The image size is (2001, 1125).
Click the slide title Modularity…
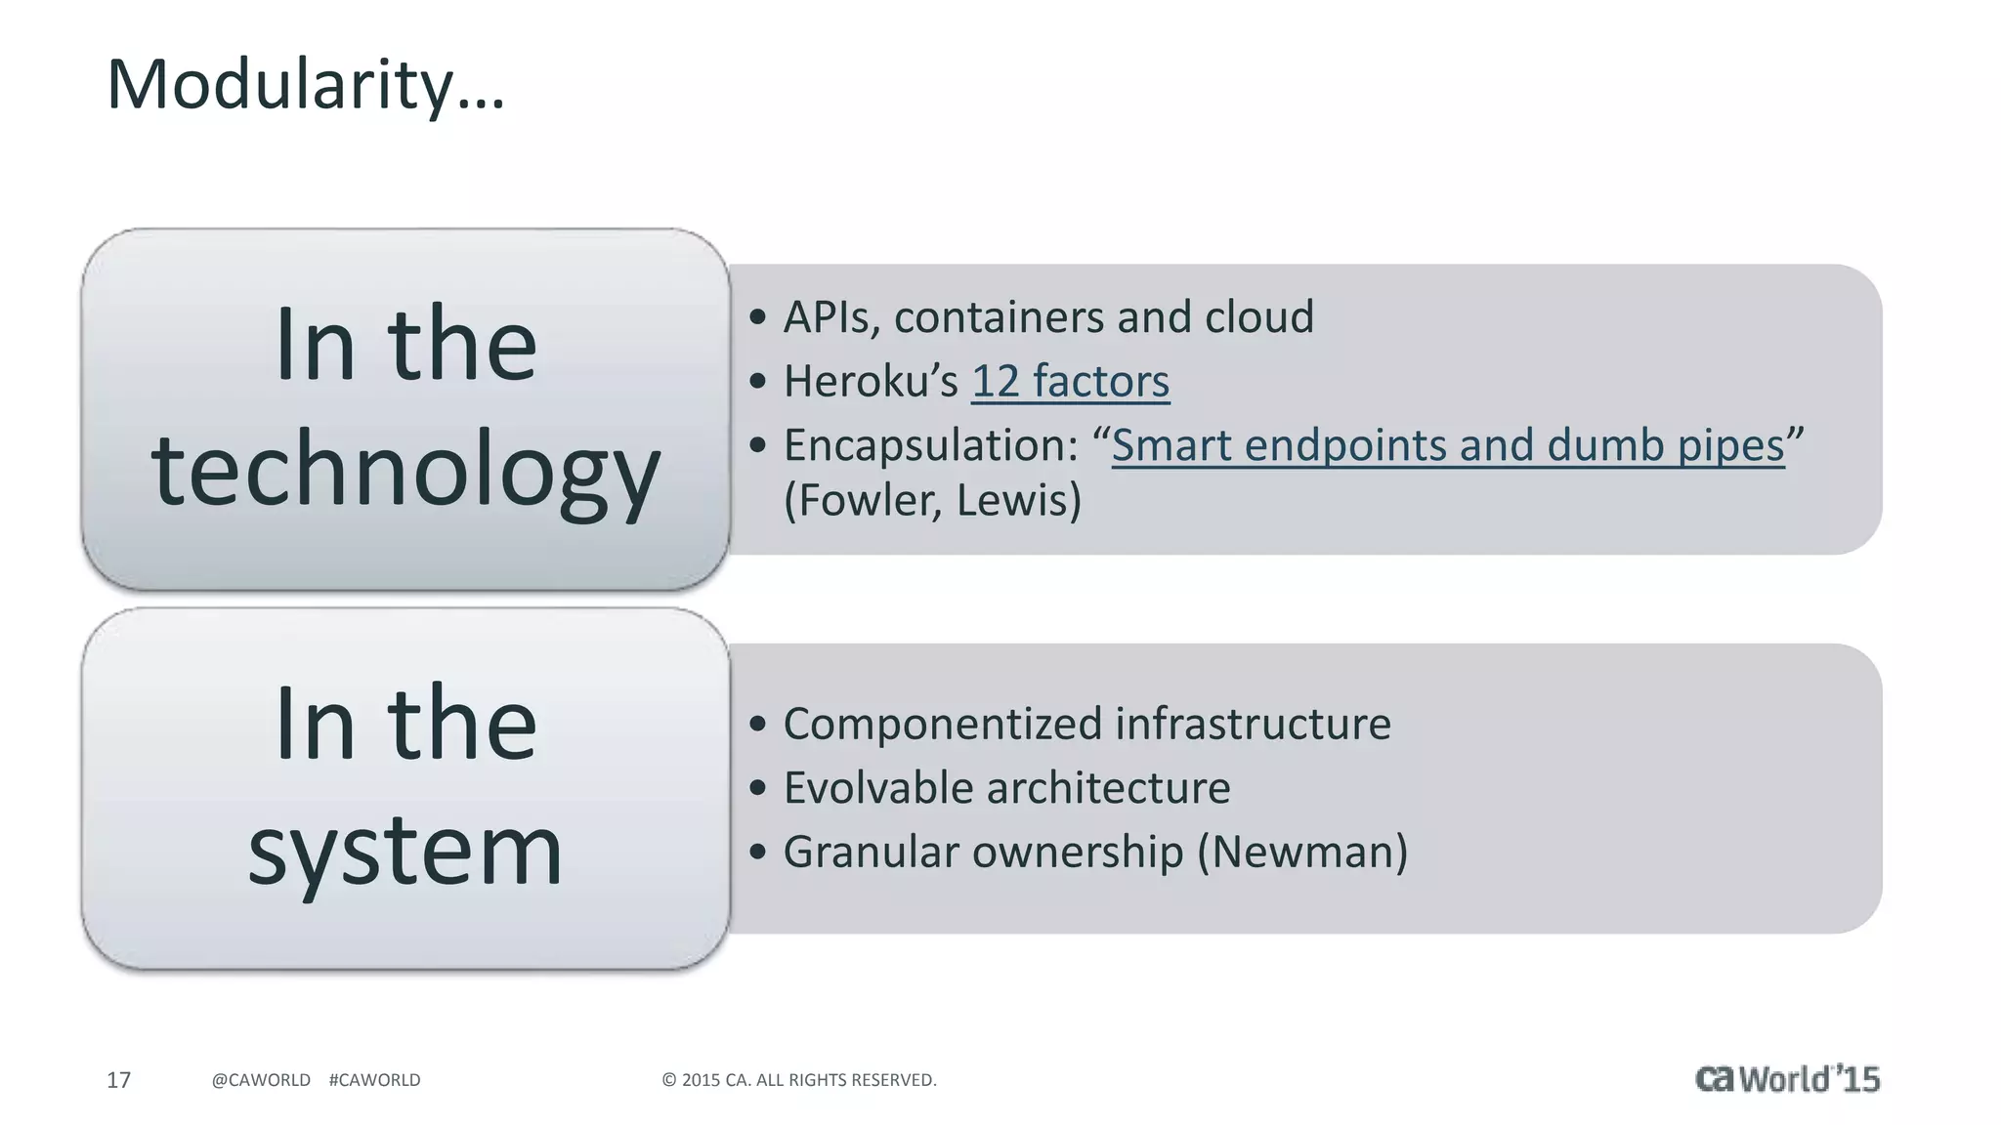[305, 85]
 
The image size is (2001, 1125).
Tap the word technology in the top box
[405, 470]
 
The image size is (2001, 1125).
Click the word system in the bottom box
[405, 850]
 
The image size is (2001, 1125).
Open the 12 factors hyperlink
[1070, 381]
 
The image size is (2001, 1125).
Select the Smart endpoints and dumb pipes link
[1448, 445]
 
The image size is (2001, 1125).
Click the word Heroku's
[871, 381]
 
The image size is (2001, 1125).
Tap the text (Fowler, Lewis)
[933, 500]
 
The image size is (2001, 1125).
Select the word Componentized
[943, 724]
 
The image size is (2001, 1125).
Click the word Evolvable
[878, 788]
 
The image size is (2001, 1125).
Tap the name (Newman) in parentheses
[1302, 852]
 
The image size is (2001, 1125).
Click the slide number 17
[118, 1080]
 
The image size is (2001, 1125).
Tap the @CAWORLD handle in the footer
[261, 1080]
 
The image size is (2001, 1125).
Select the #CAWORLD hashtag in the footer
[375, 1080]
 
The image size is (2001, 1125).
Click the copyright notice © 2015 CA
[798, 1080]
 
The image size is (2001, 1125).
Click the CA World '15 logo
[1787, 1079]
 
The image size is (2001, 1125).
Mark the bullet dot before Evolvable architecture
[757, 788]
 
